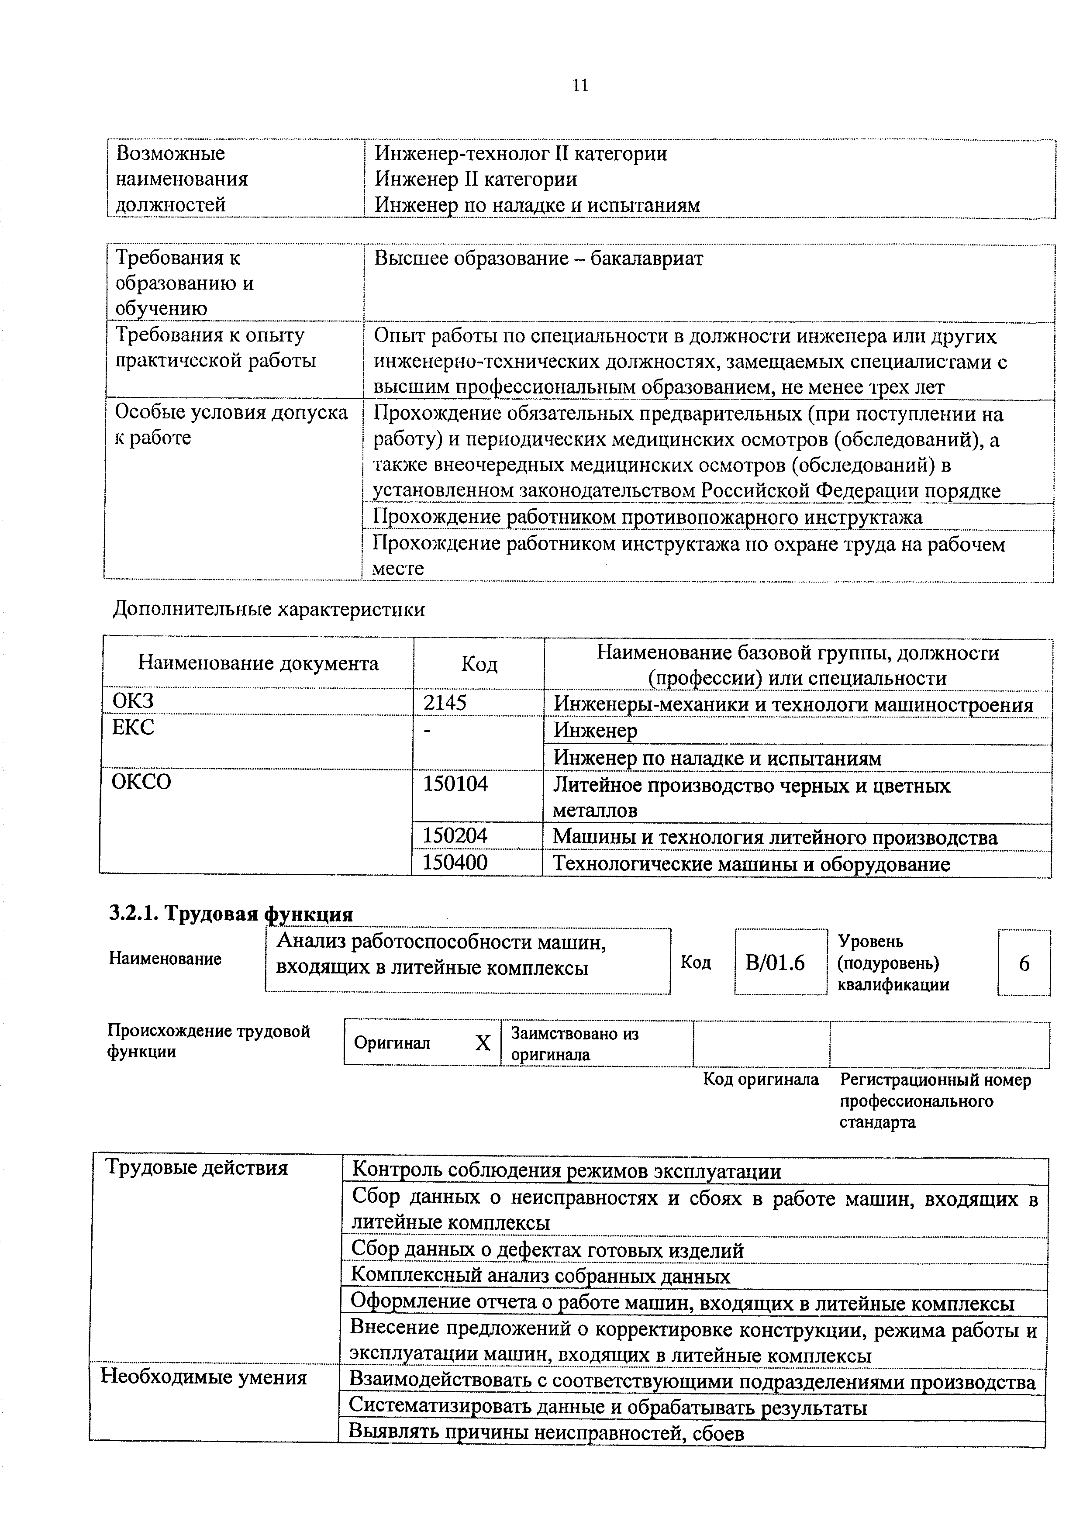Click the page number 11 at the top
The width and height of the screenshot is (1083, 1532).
pyautogui.click(x=580, y=86)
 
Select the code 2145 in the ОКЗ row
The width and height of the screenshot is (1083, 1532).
pyautogui.click(x=445, y=703)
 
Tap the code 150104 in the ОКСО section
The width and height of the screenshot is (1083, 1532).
pyautogui.click(x=456, y=783)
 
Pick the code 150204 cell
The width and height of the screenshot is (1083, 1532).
pyautogui.click(x=456, y=835)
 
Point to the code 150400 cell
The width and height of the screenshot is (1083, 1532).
pyautogui.click(x=456, y=863)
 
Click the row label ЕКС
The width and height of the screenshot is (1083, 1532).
pyautogui.click(x=134, y=727)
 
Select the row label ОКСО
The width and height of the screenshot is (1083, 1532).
pyautogui.click(x=142, y=781)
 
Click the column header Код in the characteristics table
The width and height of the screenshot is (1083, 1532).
pyautogui.click(x=479, y=664)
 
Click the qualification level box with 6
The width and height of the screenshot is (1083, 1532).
pyautogui.click(x=1024, y=963)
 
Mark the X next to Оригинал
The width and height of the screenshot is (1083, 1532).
pyautogui.click(x=483, y=1043)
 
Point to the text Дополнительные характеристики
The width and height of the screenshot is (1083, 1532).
pyautogui.click(x=269, y=609)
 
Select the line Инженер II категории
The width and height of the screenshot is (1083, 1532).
pyautogui.click(x=476, y=179)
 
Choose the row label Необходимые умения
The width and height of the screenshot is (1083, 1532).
pyautogui.click(x=203, y=1378)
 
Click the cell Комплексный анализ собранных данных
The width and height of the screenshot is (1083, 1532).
pyautogui.click(x=541, y=1277)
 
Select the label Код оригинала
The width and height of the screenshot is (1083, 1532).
pyautogui.click(x=761, y=1080)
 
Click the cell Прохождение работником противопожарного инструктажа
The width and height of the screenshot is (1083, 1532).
pyautogui.click(x=647, y=517)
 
